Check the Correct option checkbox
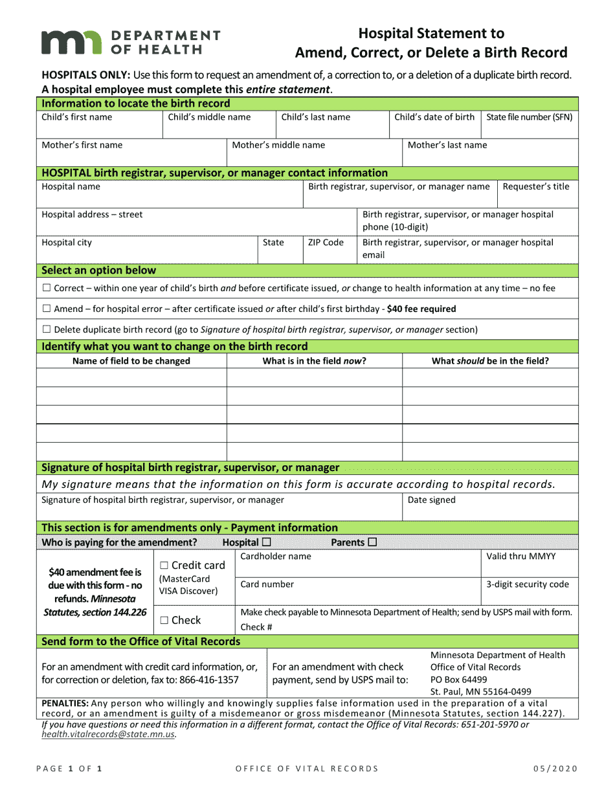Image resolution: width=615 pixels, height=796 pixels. click(46, 288)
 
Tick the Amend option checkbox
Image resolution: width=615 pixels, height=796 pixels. click(46, 309)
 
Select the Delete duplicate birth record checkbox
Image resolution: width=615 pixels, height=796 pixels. click(46, 330)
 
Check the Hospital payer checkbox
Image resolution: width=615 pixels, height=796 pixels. click(267, 542)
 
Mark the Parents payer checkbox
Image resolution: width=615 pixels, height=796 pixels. click(372, 542)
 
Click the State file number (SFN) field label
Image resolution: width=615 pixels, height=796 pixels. click(529, 117)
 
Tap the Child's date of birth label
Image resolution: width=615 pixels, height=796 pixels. click(434, 117)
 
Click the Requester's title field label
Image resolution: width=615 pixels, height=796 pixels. click(536, 187)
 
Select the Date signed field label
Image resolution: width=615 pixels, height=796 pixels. click(431, 500)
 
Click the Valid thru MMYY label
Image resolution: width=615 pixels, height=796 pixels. click(520, 556)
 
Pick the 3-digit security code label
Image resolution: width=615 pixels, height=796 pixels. click(528, 584)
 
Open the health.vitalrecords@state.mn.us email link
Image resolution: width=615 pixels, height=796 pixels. click(108, 735)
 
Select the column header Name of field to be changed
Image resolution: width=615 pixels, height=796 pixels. click(131, 361)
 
